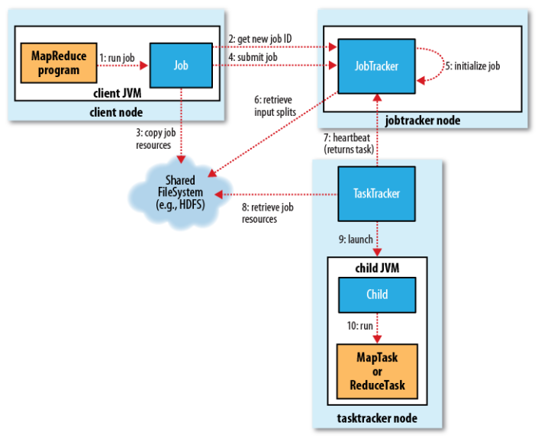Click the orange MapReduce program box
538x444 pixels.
click(x=58, y=63)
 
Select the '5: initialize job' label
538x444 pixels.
click(x=472, y=66)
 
